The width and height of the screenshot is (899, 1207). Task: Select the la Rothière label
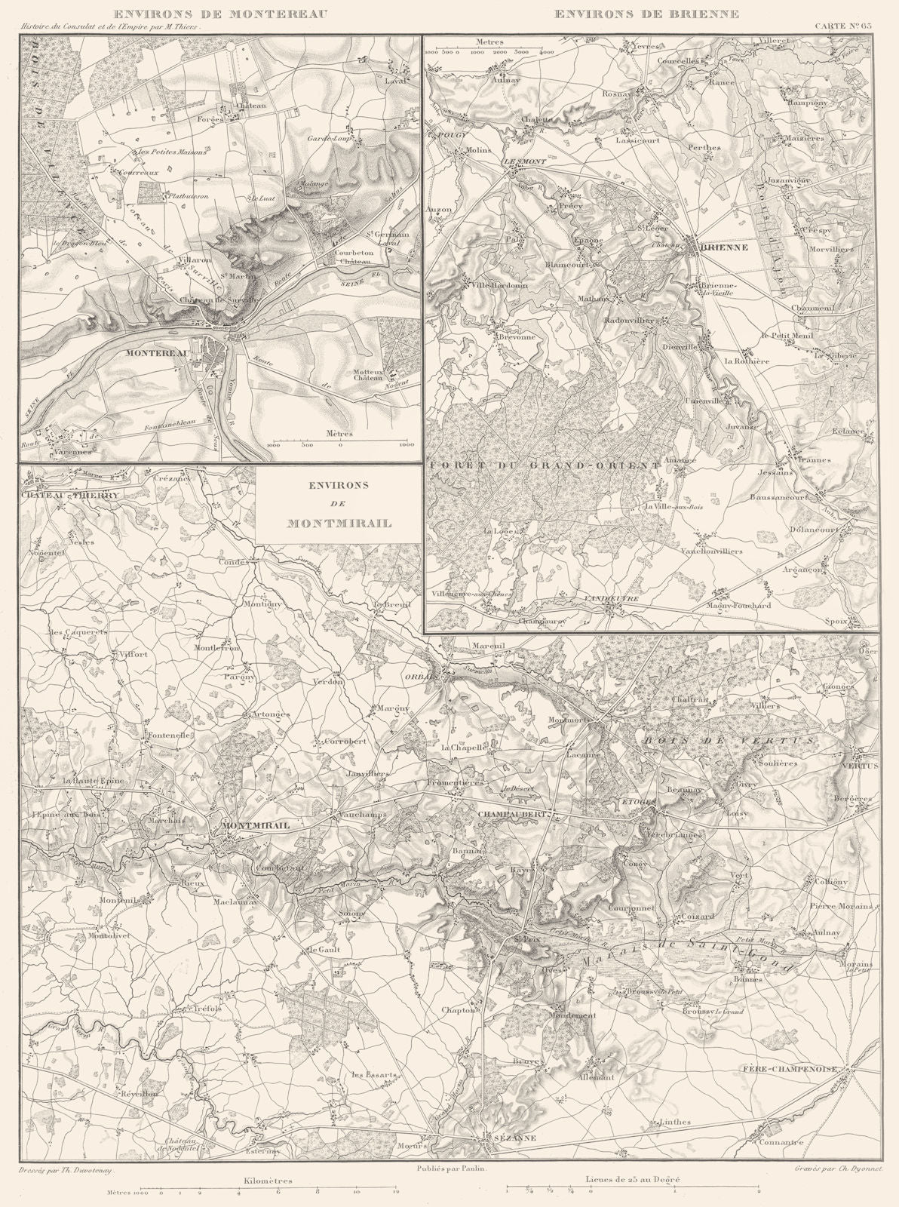click(x=747, y=361)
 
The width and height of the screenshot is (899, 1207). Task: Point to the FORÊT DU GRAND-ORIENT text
click(x=544, y=465)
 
